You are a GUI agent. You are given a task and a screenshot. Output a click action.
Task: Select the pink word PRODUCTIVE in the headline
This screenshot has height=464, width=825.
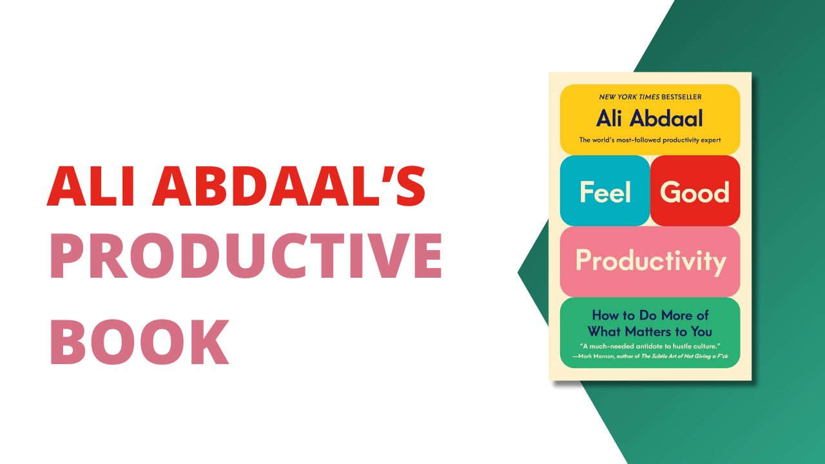245,258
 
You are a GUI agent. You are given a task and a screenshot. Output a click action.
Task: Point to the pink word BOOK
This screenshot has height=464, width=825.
139,342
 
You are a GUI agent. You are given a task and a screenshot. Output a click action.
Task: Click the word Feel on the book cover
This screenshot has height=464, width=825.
604,192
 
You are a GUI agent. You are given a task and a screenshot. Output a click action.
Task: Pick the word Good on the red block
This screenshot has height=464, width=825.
695,192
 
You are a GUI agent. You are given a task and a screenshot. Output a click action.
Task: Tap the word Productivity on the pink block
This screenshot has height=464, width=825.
650,261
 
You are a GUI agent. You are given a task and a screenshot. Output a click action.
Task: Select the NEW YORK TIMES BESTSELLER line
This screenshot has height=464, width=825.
650,97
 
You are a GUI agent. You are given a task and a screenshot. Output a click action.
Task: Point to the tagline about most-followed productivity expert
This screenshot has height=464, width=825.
650,140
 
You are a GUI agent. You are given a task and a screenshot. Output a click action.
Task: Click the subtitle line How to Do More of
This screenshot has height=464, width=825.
650,316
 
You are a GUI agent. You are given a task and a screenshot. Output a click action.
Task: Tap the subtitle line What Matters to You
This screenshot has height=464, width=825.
650,332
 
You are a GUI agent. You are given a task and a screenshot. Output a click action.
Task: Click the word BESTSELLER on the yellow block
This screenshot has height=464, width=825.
677,97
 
